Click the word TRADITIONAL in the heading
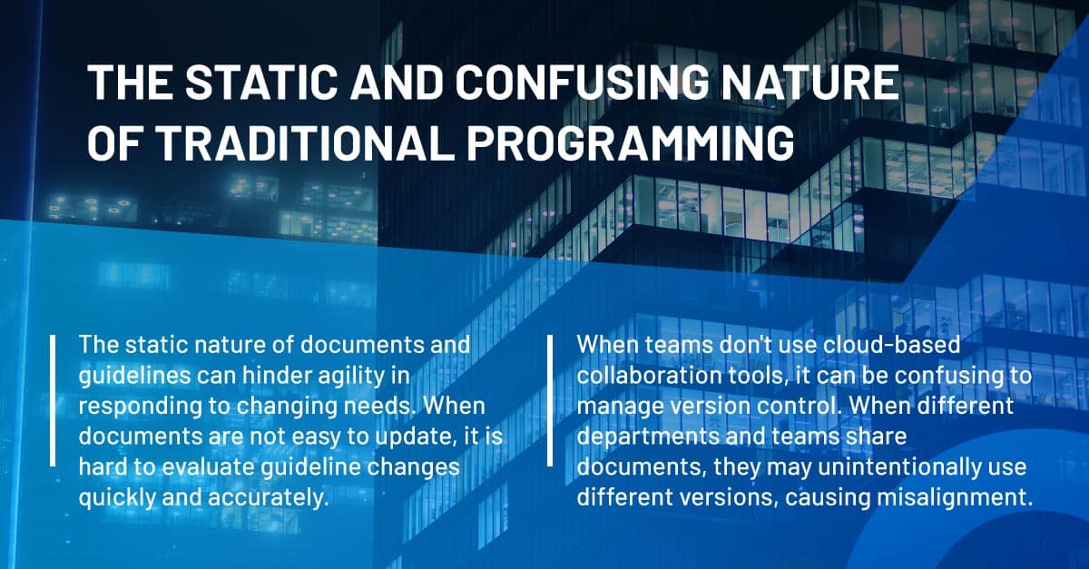pos(307,143)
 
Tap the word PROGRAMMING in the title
pos(631,143)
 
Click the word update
pos(409,437)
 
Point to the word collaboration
pos(650,376)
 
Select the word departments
pos(648,437)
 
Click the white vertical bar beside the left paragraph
pos(53,400)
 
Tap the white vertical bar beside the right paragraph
pos(550,400)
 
